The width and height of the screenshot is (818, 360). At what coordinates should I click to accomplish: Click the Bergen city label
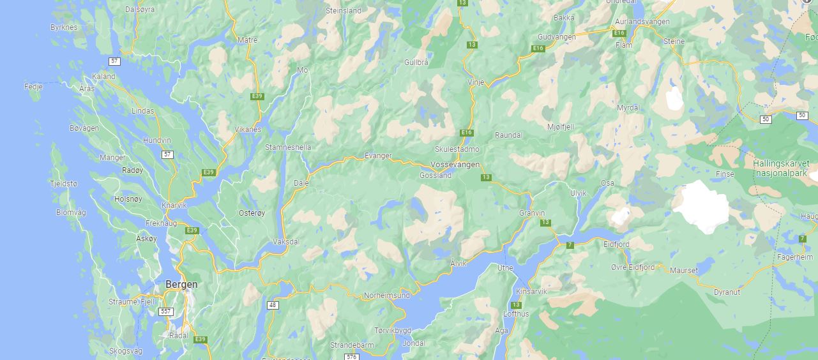point(181,284)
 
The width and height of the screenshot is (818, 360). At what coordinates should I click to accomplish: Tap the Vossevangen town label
point(451,164)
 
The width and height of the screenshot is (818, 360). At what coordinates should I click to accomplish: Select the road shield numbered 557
point(166,311)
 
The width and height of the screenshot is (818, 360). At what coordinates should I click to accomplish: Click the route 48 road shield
point(273,305)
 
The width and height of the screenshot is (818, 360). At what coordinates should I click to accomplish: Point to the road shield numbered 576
point(351,357)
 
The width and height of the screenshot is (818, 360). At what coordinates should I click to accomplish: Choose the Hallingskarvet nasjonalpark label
point(780,169)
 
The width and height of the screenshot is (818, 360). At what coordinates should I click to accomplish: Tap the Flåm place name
point(623,45)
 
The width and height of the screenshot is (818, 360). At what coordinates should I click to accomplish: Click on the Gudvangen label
point(557,37)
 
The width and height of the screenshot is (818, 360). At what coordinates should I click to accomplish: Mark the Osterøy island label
point(252,213)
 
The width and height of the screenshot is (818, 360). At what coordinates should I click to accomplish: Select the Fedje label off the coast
point(33,86)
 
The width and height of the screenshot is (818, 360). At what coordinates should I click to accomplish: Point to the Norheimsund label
point(386,296)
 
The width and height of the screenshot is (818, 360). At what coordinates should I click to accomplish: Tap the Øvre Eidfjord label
point(632,267)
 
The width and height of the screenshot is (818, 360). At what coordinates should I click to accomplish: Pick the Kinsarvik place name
point(531,291)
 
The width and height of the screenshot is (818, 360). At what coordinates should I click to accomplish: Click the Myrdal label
point(628,108)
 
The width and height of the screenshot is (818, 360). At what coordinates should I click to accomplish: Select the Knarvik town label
point(174,206)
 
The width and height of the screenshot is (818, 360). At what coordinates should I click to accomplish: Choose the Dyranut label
point(727,292)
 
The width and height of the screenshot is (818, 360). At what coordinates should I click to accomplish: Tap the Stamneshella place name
point(288,147)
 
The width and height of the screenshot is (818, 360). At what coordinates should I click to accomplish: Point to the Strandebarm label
point(351,345)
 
